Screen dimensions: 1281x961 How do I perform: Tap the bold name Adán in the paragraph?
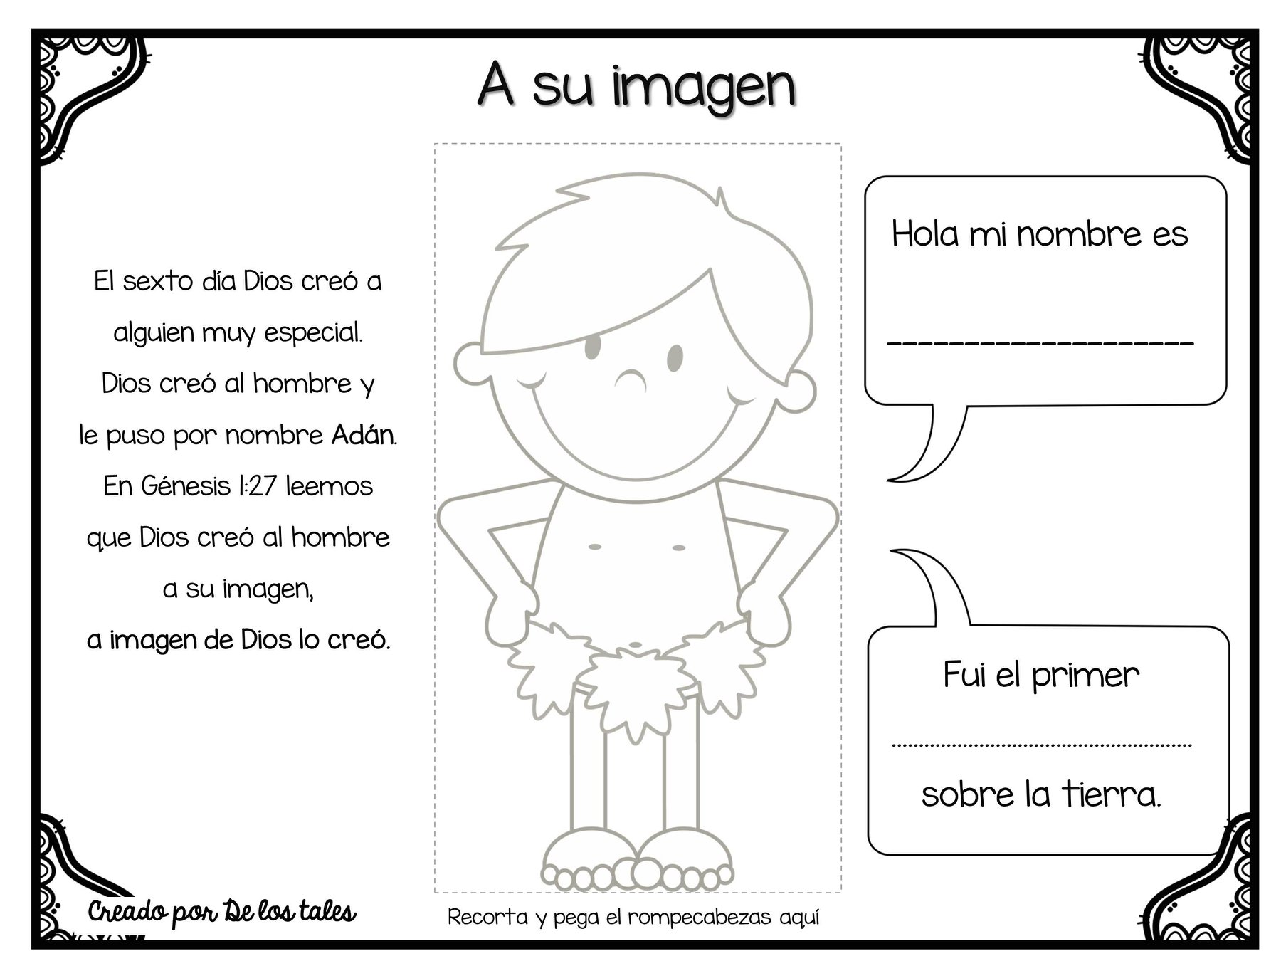(x=362, y=434)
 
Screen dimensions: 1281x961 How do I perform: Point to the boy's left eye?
(x=593, y=347)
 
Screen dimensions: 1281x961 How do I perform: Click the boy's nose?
(x=631, y=381)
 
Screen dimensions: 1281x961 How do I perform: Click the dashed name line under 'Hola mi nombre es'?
(x=1040, y=345)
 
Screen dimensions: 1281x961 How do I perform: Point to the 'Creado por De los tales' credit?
(x=222, y=912)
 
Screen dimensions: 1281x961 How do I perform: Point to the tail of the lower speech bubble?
(x=929, y=588)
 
